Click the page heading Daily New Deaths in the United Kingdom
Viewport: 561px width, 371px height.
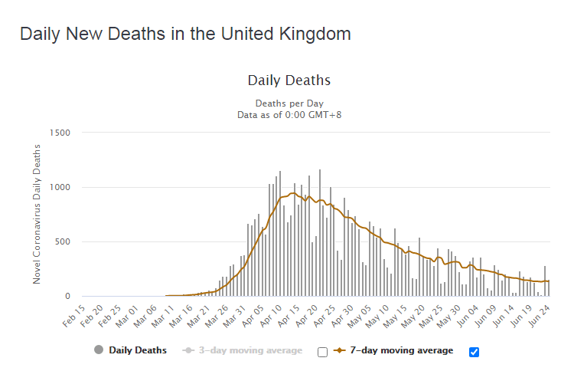coord(185,34)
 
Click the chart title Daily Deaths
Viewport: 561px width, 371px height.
coord(289,80)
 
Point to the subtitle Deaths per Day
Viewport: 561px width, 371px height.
coord(289,103)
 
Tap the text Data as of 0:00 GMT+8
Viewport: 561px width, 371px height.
coord(289,115)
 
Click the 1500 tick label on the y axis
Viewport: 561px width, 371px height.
coord(60,133)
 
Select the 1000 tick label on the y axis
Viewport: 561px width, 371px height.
coord(60,188)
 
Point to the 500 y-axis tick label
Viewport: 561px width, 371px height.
coord(63,242)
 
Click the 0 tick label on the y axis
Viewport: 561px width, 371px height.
coord(67,297)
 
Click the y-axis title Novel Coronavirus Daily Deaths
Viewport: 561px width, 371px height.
coord(37,215)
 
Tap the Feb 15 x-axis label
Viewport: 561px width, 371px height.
coord(74,316)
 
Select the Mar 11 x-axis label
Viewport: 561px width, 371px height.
coord(163,316)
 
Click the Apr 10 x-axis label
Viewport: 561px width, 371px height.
coord(271,316)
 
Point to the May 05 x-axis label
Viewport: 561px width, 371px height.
coord(359,316)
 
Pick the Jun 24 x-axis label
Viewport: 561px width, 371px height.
coord(539,316)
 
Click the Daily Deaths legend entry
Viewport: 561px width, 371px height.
coord(138,350)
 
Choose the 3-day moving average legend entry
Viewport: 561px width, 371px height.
coord(250,350)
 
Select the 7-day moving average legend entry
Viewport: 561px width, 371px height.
coord(402,350)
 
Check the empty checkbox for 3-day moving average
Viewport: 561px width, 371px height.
coord(322,352)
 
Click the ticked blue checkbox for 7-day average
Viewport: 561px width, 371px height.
coord(474,352)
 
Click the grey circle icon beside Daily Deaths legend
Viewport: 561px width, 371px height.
coord(99,350)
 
